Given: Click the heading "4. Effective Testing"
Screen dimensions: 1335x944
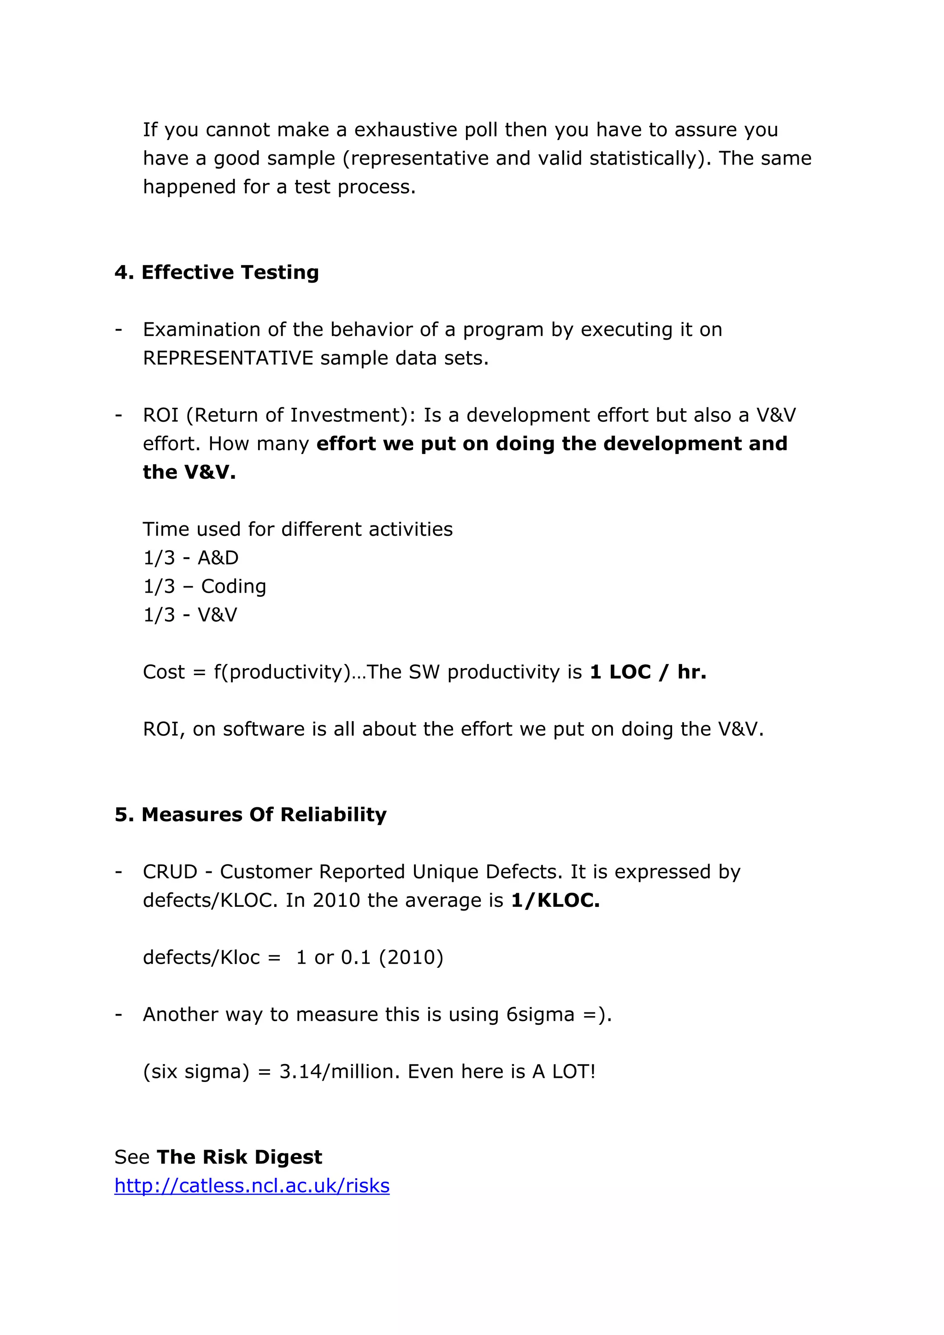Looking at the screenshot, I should point(216,272).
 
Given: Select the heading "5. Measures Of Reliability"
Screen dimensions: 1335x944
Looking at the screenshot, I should point(250,815).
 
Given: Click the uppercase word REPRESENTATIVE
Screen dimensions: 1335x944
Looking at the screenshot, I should point(228,358).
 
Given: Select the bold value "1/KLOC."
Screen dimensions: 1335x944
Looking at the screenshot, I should point(555,900).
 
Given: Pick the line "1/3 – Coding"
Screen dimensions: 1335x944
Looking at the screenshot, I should point(204,586).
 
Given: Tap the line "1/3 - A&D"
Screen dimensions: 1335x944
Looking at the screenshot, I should point(191,558).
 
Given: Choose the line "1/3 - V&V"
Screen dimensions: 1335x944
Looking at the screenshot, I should point(190,615).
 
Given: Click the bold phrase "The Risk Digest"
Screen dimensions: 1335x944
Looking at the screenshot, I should point(239,1157).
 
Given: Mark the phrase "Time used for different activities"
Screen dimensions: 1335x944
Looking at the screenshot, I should point(298,529).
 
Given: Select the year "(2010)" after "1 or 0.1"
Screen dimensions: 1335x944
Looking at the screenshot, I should point(411,957).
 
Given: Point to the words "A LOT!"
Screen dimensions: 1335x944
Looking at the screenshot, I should point(564,1071).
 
